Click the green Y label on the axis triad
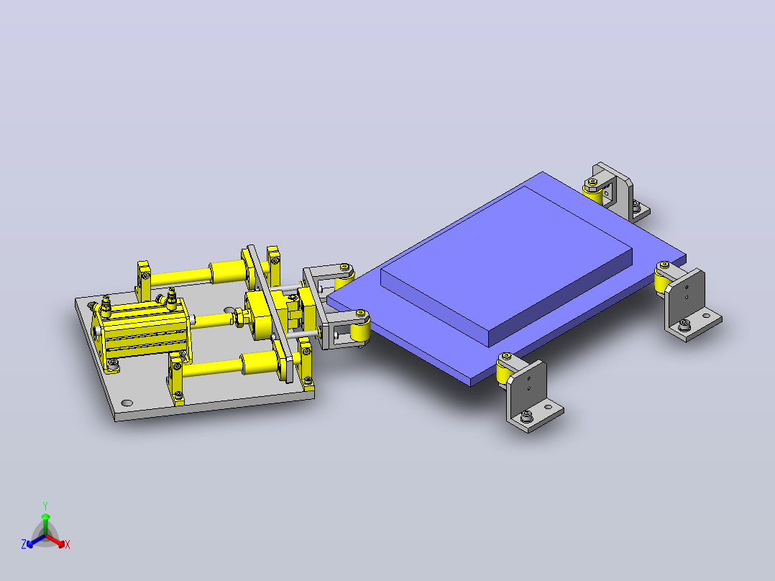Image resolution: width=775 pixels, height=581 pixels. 45,505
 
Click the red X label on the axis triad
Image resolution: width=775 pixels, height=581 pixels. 68,544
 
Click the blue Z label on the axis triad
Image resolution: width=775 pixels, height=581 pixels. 24,544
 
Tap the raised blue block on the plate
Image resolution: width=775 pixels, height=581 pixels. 507,265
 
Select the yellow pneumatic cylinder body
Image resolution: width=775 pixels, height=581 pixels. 142,329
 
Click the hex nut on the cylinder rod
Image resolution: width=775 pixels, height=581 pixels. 239,316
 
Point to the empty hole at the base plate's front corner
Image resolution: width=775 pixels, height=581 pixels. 127,403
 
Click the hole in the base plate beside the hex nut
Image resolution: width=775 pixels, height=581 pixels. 229,310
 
